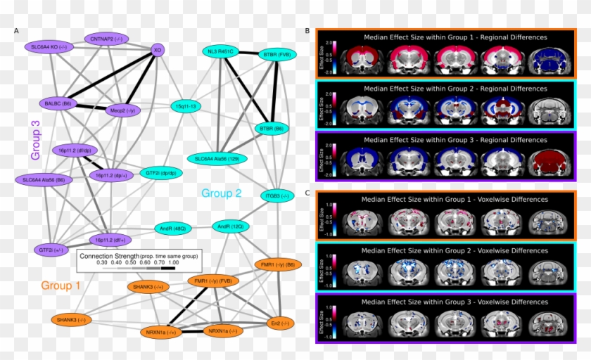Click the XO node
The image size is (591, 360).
pyautogui.click(x=158, y=50)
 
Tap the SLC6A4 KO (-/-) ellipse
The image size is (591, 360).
pyautogui.click(x=49, y=46)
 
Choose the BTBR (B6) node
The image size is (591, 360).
pyautogui.click(x=272, y=129)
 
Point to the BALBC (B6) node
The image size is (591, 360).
pyautogui.click(x=60, y=103)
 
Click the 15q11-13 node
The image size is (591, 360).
pyautogui.click(x=186, y=106)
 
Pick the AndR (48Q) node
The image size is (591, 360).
pyautogui.click(x=172, y=229)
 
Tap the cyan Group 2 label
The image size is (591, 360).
pyautogui.click(x=222, y=193)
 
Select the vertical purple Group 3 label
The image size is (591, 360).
pyautogui.click(x=35, y=137)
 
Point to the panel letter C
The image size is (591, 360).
pyautogui.click(x=307, y=193)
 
